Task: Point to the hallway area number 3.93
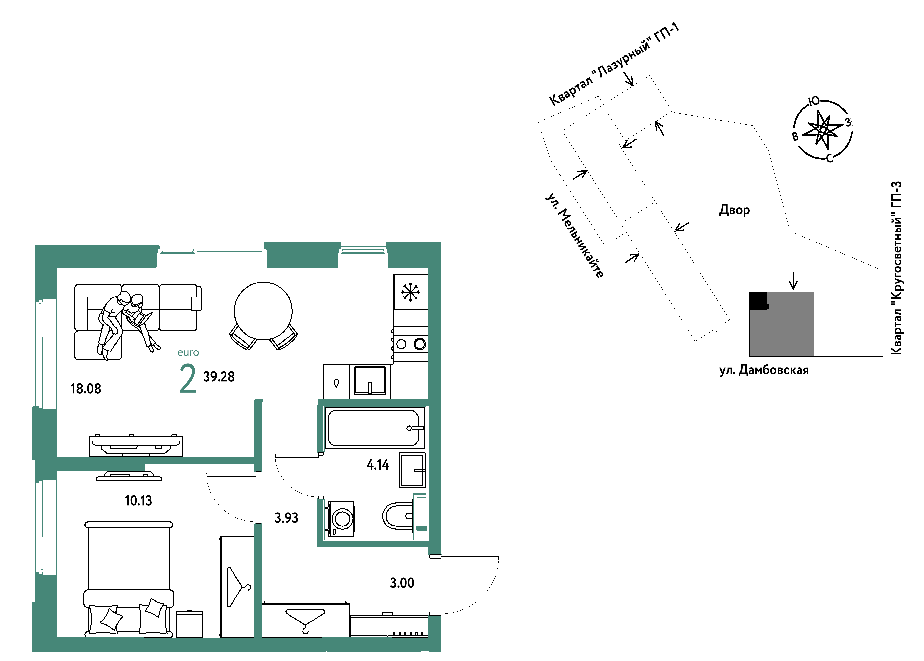pos(286,518)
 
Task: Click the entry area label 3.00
pos(402,583)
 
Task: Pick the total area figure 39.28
pos(219,377)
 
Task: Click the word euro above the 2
pos(188,352)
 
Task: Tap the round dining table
pos(263,311)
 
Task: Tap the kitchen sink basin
pos(370,380)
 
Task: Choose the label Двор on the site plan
pos(734,210)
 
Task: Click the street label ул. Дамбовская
pos(764,370)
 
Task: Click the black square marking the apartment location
pos(759,300)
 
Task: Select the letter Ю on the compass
pos(814,101)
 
